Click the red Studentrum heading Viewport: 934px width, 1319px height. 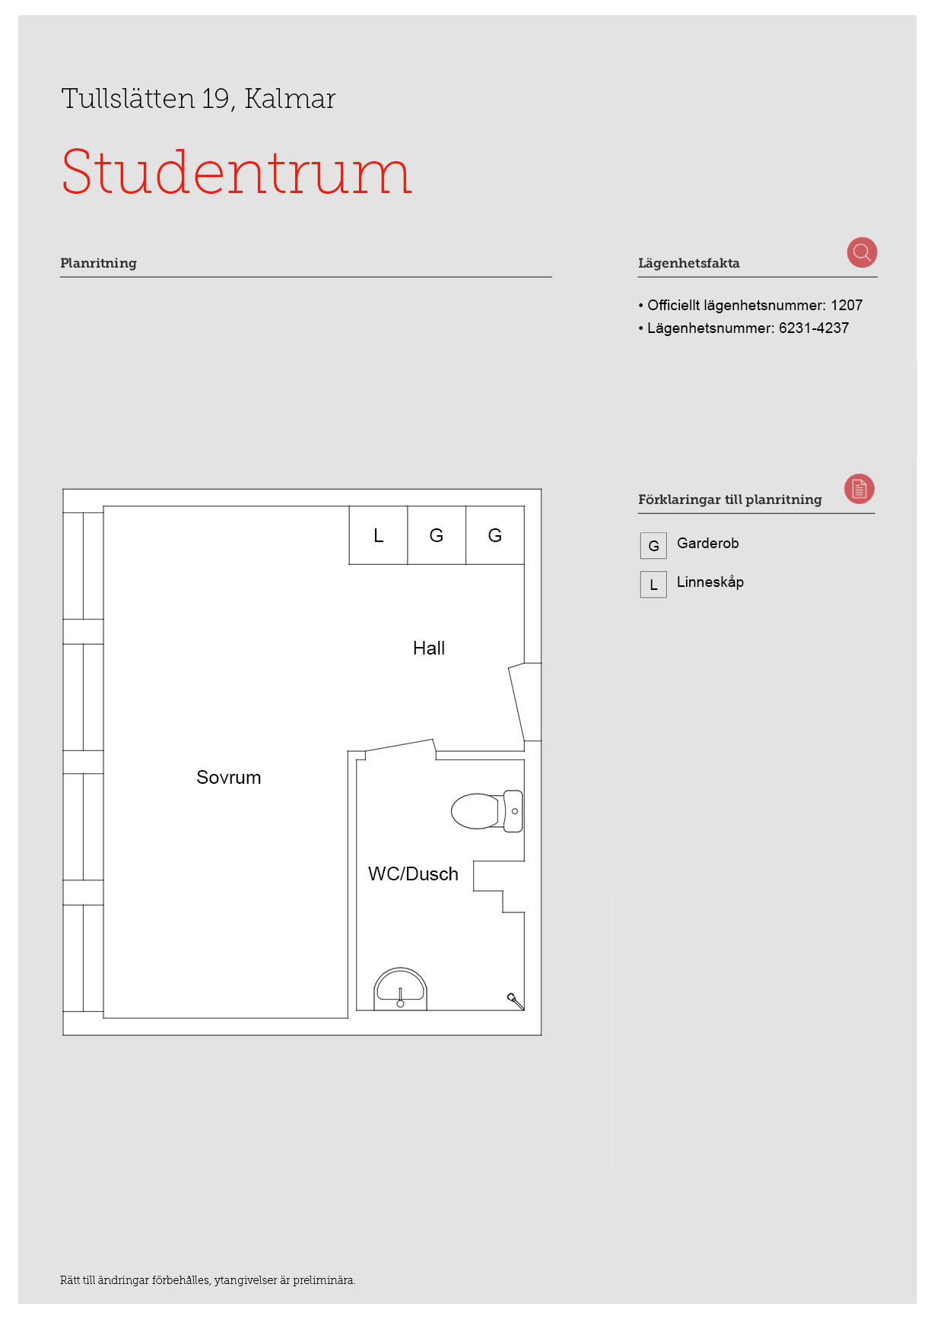tap(237, 172)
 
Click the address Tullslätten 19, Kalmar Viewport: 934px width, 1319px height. tap(199, 99)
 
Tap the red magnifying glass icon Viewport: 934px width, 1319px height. tap(862, 252)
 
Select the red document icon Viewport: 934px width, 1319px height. tap(859, 489)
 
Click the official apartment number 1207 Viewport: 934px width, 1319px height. tap(847, 306)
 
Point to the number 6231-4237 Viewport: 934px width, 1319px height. tap(814, 328)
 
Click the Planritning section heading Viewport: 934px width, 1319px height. tap(98, 263)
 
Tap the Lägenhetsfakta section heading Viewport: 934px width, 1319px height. tap(688, 263)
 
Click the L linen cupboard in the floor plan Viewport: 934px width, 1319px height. tap(378, 535)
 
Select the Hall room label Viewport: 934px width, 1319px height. tap(429, 648)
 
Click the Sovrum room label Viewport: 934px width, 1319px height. tap(229, 778)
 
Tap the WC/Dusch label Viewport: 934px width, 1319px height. tap(413, 874)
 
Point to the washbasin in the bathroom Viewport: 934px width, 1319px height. tap(400, 989)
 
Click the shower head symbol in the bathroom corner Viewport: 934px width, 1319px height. tap(516, 1001)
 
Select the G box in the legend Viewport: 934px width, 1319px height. tap(653, 546)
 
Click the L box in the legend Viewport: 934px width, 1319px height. tap(653, 585)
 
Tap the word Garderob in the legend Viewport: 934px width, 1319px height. tap(708, 544)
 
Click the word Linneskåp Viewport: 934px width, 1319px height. tap(710, 582)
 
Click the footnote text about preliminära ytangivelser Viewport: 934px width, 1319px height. tap(208, 1280)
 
